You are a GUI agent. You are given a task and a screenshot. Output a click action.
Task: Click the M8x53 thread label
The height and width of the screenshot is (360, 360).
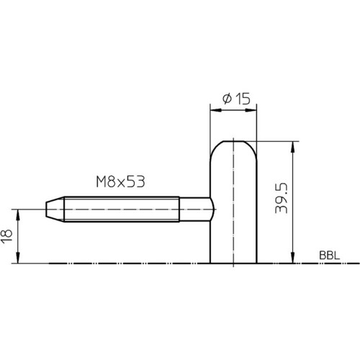pyautogui.click(x=120, y=181)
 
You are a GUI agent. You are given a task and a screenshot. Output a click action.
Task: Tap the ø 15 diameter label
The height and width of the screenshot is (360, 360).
pyautogui.click(x=236, y=99)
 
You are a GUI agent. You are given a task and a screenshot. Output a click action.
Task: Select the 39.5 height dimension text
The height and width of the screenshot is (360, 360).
pyautogui.click(x=282, y=198)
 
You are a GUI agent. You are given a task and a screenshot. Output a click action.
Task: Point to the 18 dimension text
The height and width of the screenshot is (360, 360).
pyautogui.click(x=7, y=236)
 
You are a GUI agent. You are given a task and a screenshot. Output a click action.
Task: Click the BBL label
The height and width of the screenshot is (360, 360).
pyautogui.click(x=330, y=256)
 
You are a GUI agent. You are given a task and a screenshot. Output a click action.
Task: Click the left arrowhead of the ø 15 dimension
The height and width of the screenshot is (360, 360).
pyautogui.click(x=216, y=110)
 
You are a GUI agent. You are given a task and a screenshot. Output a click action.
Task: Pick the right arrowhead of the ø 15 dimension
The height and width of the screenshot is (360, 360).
pyautogui.click(x=251, y=110)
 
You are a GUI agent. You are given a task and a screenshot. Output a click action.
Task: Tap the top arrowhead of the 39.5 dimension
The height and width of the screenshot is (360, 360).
pyautogui.click(x=292, y=147)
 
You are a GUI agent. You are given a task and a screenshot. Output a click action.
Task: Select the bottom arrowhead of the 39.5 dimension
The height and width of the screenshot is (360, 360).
pyautogui.click(x=292, y=258)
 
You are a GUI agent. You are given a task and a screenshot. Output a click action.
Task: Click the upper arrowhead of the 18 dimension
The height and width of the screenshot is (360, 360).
pyautogui.click(x=17, y=215)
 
